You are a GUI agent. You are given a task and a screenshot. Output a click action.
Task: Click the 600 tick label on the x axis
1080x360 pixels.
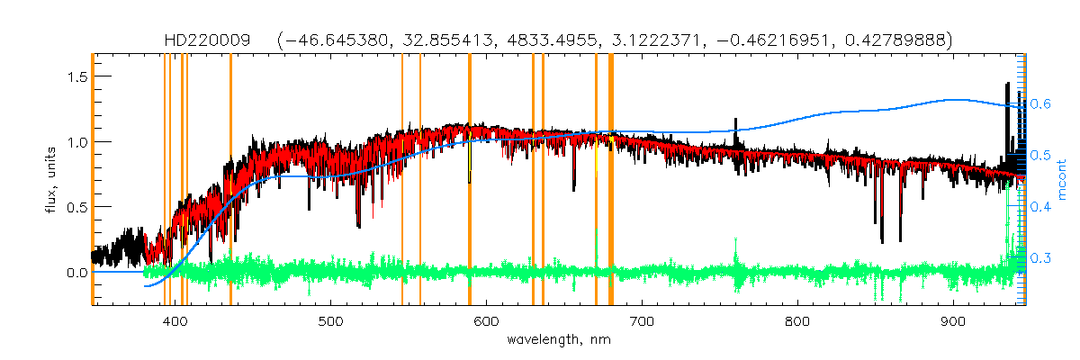486,322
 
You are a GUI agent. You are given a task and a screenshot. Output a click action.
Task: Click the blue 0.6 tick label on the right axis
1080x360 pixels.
1041,103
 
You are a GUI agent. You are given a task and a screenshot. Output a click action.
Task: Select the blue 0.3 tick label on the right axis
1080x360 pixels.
1041,258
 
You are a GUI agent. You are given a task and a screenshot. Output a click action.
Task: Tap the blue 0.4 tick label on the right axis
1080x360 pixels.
1041,207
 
